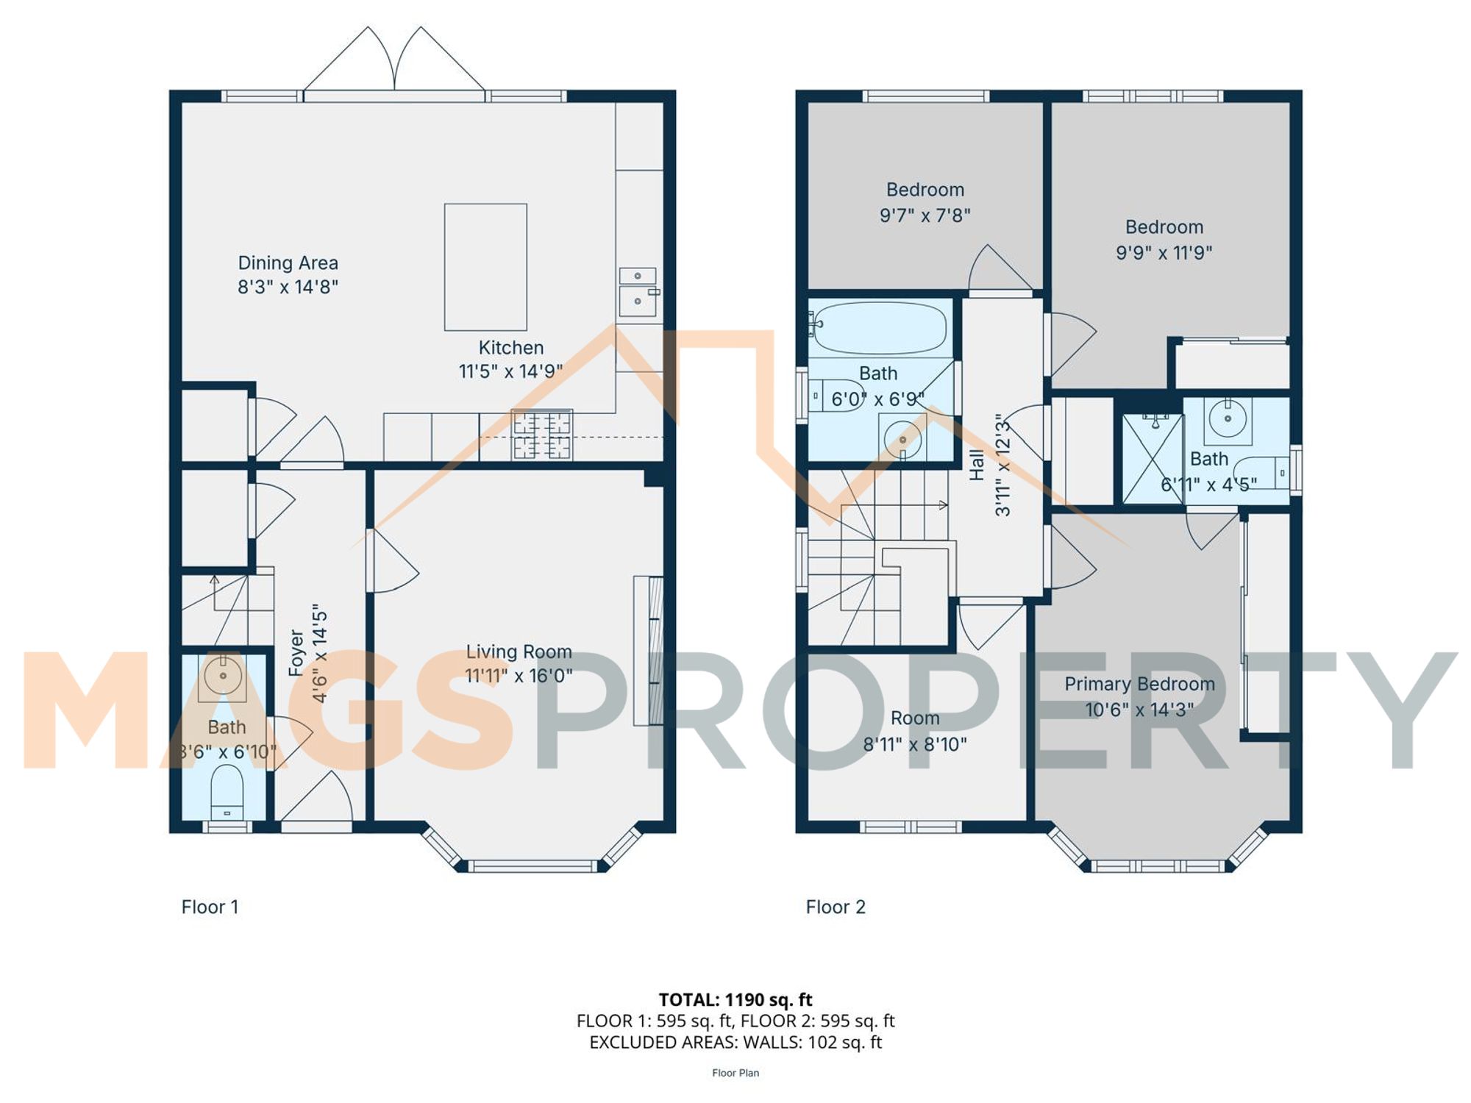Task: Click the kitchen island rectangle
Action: (485, 267)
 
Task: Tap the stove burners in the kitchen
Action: (542, 435)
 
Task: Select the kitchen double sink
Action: (638, 292)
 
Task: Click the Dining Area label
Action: (288, 263)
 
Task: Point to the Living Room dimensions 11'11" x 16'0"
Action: (519, 676)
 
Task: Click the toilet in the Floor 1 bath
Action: (227, 793)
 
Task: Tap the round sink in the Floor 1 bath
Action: (222, 675)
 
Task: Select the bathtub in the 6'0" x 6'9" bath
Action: (880, 327)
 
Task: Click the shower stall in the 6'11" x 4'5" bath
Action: (1153, 459)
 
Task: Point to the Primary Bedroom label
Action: (1139, 684)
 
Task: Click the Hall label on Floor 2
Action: (977, 465)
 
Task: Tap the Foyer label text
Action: (296, 653)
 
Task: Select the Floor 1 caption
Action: (210, 907)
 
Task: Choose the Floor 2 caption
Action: (836, 907)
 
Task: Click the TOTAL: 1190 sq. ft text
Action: (735, 999)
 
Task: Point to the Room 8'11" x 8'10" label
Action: (915, 731)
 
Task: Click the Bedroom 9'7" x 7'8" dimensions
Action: (925, 215)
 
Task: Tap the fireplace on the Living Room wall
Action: (648, 651)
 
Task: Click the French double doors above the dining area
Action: (394, 63)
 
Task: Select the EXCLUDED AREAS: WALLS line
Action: (735, 1042)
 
